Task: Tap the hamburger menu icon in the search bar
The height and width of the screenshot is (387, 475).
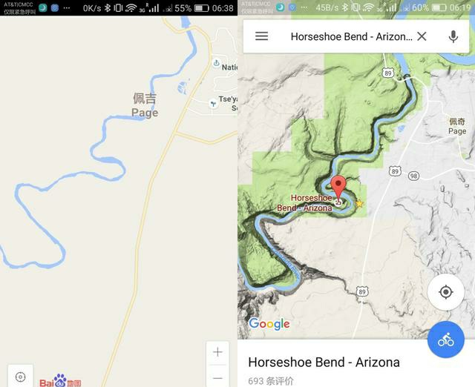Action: coord(261,36)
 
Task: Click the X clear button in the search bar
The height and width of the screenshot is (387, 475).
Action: coord(422,36)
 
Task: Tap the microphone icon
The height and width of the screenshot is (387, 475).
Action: coord(453,36)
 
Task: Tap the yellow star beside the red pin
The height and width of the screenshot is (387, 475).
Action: coord(359,203)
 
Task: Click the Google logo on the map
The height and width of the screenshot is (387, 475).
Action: coord(269,324)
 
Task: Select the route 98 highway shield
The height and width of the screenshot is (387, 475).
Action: coord(413,176)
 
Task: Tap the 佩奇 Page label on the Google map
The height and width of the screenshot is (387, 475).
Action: coord(457,126)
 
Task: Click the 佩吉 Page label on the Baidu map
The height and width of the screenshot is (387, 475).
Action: coord(145,105)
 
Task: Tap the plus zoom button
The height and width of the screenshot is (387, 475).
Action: coord(217,352)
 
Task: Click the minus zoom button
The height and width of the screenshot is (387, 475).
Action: coord(217,377)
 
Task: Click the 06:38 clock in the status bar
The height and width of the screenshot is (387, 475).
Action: coord(223,8)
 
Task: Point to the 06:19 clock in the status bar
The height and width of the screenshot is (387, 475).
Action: coord(460,8)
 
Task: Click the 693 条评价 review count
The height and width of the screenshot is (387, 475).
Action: coord(271,381)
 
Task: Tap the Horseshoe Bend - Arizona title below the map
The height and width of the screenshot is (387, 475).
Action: coord(324,363)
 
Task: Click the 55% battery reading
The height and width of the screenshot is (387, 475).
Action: coord(183,8)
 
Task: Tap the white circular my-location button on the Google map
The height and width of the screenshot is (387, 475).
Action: coord(446,292)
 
